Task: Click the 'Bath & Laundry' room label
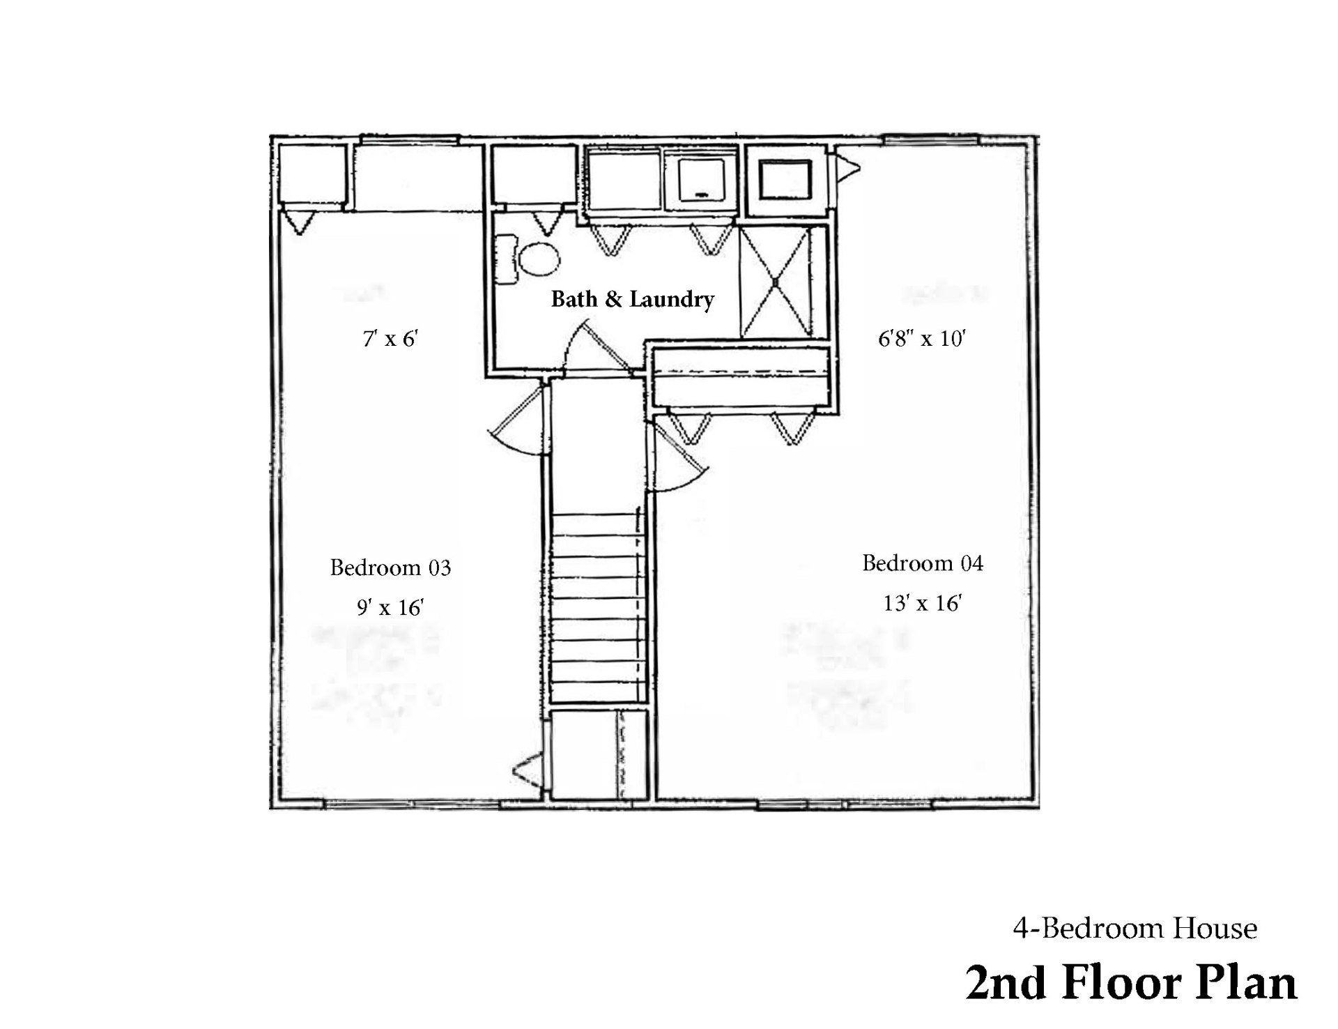pyautogui.click(x=632, y=300)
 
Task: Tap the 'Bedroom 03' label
pyautogui.click(x=390, y=567)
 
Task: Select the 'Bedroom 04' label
pyautogui.click(x=923, y=563)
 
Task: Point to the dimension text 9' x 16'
pyautogui.click(x=390, y=608)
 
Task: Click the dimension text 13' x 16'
pyautogui.click(x=923, y=603)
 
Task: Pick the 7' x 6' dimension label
pyautogui.click(x=390, y=339)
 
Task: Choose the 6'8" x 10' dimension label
pyautogui.click(x=921, y=339)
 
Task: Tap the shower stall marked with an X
pyautogui.click(x=775, y=282)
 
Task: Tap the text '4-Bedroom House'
pyautogui.click(x=1135, y=929)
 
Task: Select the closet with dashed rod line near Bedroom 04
pyautogui.click(x=741, y=379)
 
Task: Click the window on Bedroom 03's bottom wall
pyautogui.click(x=413, y=806)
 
